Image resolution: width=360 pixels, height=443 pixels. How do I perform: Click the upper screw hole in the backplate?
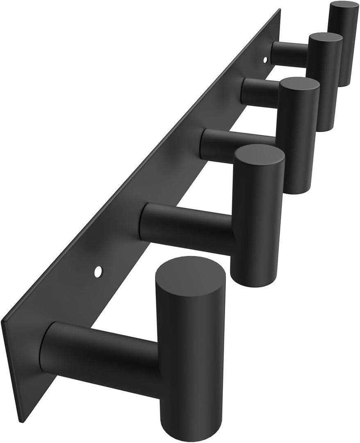[265, 60]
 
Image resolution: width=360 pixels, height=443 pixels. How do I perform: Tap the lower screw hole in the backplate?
[98, 271]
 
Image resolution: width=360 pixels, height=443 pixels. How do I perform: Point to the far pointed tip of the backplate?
[280, 10]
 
